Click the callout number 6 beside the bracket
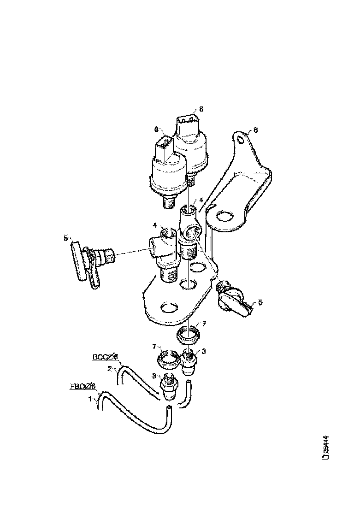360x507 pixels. (x=256, y=130)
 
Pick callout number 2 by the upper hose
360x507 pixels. (x=110, y=368)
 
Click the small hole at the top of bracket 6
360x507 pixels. (x=239, y=138)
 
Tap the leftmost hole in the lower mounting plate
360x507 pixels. (x=169, y=306)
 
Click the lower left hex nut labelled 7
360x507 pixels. (x=169, y=358)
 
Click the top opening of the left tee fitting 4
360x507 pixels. (x=166, y=233)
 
